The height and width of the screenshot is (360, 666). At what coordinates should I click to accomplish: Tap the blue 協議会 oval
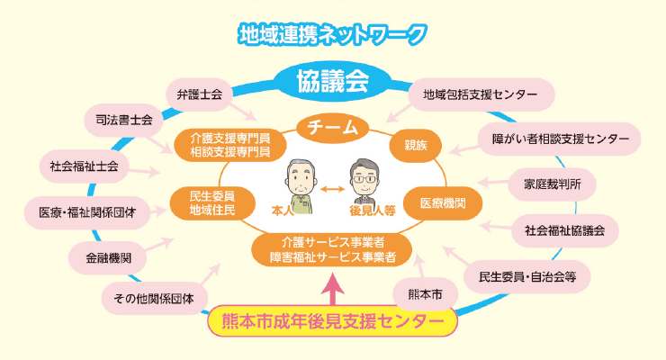click(332, 83)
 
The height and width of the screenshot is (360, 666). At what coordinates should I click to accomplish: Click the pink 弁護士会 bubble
click(199, 94)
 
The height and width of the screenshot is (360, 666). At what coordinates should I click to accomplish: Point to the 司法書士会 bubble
click(124, 119)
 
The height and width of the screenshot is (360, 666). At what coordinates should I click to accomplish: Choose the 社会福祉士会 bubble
click(85, 166)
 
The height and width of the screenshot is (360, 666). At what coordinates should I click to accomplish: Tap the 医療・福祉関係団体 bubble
click(87, 212)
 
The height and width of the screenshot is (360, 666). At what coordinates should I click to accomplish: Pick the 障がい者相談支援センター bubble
click(560, 139)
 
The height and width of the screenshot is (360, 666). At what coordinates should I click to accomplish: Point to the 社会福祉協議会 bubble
click(564, 229)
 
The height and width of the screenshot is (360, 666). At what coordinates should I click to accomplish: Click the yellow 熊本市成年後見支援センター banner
click(333, 320)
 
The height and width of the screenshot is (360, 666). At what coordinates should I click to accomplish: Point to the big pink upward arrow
click(333, 289)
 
